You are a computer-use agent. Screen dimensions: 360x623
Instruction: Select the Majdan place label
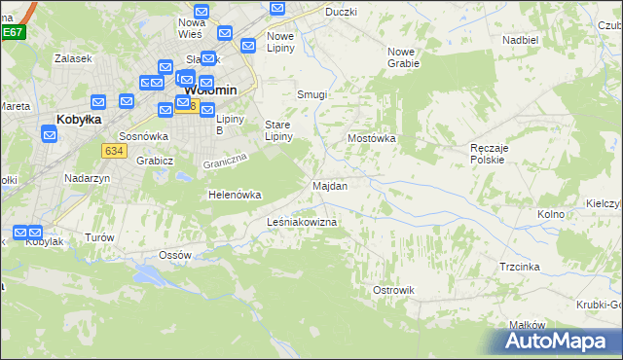pos(329,185)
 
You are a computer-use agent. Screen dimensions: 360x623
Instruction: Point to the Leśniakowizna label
pos(302,223)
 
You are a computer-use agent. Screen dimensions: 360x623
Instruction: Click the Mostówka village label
pos(372,138)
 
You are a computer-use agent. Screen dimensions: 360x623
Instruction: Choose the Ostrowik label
pos(394,290)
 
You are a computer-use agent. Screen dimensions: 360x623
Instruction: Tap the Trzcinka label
pos(520,266)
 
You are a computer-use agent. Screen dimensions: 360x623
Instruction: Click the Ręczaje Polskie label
pos(487,153)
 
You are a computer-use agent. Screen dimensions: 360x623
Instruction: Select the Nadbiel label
pos(521,40)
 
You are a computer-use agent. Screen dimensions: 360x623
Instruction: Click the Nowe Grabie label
pos(402,57)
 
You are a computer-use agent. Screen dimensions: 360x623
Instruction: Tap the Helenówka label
pos(235,195)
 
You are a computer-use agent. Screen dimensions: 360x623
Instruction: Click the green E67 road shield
pos(12,32)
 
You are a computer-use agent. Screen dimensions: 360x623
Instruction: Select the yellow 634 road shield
pos(114,150)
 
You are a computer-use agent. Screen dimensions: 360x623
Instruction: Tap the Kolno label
pos(551,214)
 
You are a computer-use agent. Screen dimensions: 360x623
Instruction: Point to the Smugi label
pos(311,95)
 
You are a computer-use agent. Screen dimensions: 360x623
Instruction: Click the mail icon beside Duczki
pos(277,10)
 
